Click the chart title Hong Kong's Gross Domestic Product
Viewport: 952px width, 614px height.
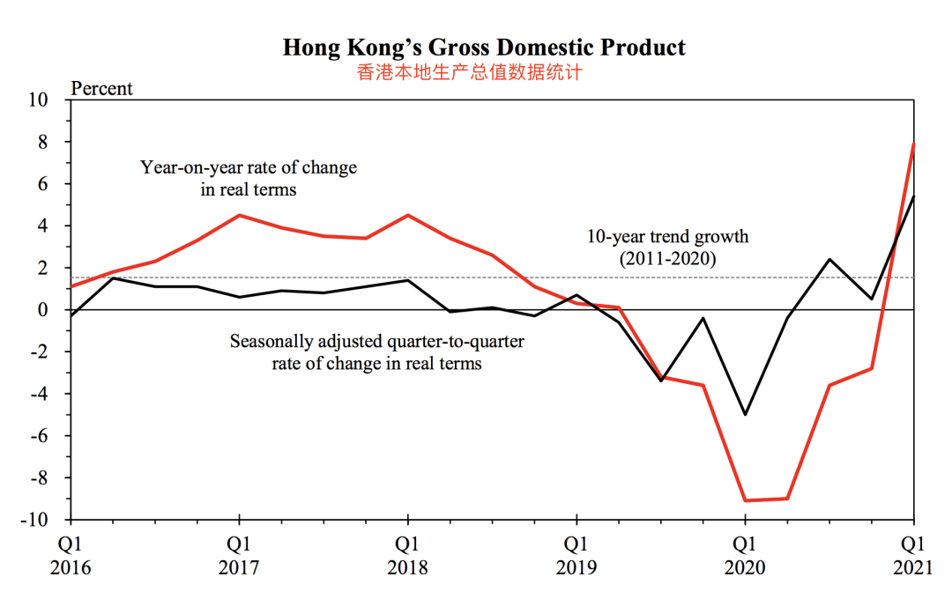484,48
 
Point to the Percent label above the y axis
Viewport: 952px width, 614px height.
101,89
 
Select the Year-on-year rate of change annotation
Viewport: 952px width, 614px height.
249,178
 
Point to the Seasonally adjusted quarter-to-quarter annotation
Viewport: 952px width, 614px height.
377,351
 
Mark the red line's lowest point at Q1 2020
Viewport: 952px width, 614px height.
745,500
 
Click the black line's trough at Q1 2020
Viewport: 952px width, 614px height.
745,414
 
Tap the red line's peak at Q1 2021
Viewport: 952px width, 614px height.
914,144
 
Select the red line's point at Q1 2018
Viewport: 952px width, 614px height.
407,215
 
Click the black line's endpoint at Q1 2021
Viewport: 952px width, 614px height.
914,196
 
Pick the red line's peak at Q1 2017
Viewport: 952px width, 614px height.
239,215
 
